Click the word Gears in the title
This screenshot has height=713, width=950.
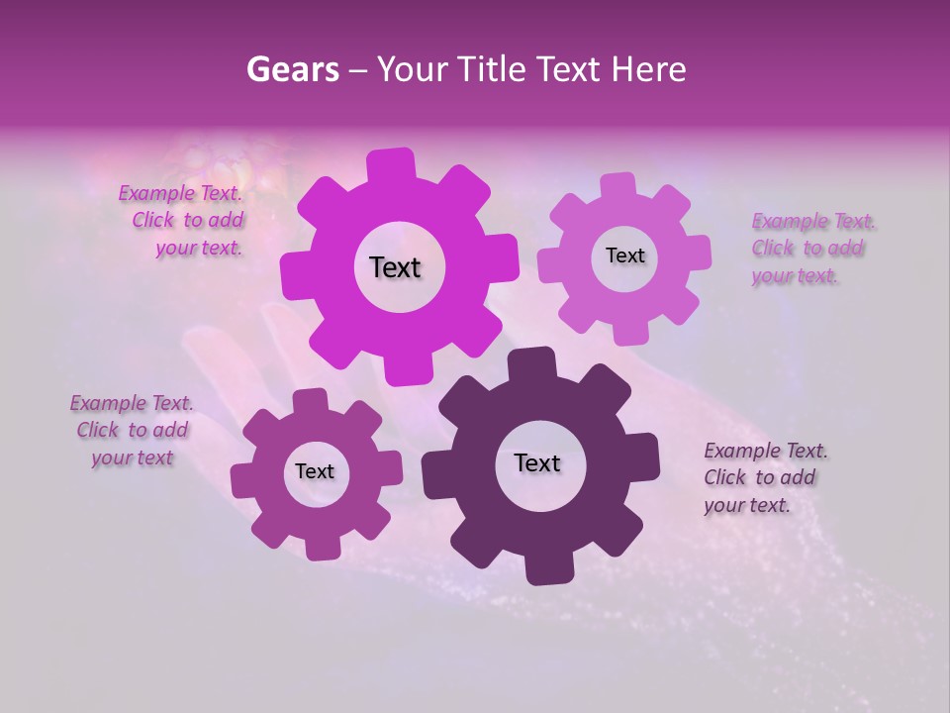[289, 69]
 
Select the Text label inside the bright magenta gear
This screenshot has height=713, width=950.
[395, 267]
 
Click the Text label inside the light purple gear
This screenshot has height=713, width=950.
[624, 255]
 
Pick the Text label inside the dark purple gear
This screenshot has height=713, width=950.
[537, 462]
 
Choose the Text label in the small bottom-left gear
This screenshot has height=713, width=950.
[315, 471]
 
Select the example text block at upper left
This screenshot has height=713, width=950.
[182, 221]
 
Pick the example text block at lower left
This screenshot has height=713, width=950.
[132, 431]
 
